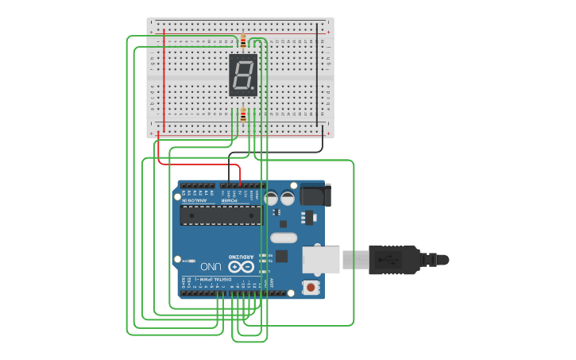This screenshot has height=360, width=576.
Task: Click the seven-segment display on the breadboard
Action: pyautogui.click(x=243, y=75)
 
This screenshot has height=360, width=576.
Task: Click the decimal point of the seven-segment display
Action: pyautogui.click(x=253, y=88)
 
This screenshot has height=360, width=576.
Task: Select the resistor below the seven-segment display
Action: pyautogui.click(x=242, y=115)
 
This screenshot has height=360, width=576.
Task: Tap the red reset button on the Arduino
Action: pyautogui.click(x=311, y=286)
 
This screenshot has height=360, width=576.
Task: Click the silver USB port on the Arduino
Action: pyautogui.click(x=321, y=259)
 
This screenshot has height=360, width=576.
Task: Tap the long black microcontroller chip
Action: pyautogui.click(x=221, y=215)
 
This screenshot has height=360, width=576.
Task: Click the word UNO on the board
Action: pyautogui.click(x=211, y=266)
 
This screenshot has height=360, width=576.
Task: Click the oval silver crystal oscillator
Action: pyautogui.click(x=284, y=237)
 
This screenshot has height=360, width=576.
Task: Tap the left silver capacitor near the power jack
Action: pyautogui.click(x=271, y=198)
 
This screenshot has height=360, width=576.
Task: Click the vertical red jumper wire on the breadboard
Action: pyautogui.click(x=164, y=79)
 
